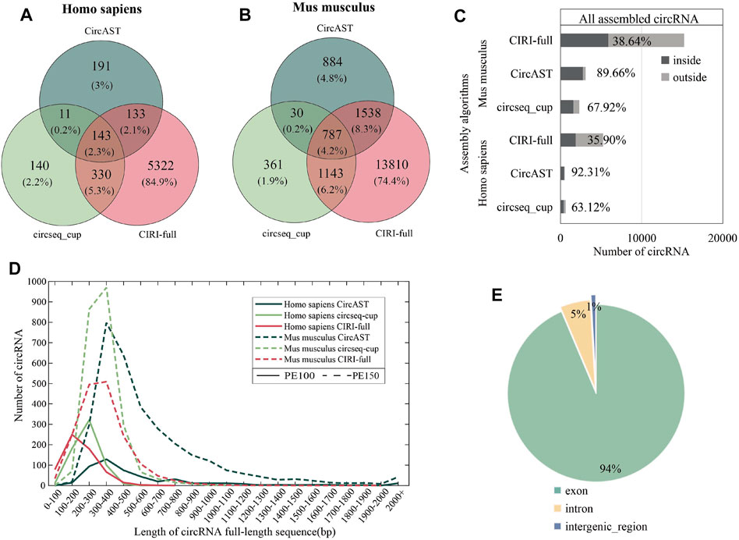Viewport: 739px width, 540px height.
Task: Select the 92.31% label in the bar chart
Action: tap(595, 173)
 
